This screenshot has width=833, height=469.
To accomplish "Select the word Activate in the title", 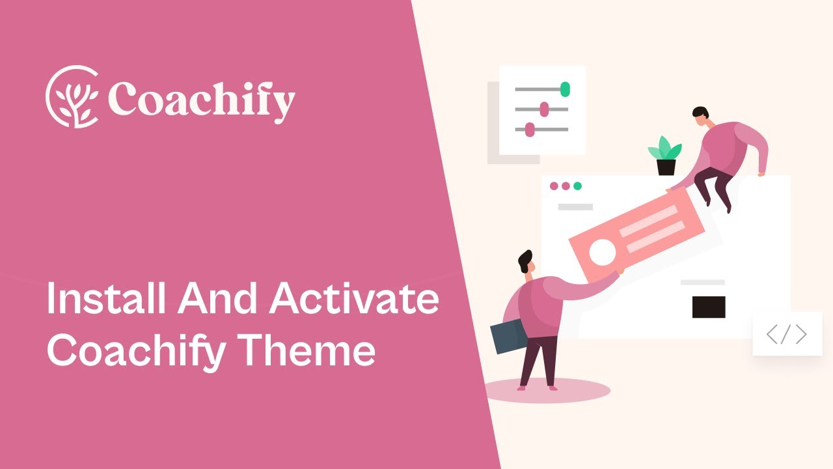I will coord(355,300).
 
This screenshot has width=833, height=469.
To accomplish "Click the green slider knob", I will coord(565,89).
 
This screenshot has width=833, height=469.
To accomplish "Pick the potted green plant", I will coord(665,155).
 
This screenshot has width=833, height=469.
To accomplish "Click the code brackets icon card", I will coord(787,335).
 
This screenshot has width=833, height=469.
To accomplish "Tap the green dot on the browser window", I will coord(577,186).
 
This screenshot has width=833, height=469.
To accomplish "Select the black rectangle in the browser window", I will coord(709,307).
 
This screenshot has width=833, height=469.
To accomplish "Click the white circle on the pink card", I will coord(602,252).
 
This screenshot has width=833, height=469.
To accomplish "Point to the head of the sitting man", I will coord(700,115).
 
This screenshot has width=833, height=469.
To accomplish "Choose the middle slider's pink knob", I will coord(544,109).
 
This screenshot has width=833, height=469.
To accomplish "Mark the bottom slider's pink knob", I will coord(530,130).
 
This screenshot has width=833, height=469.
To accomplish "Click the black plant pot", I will coord(666,167).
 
